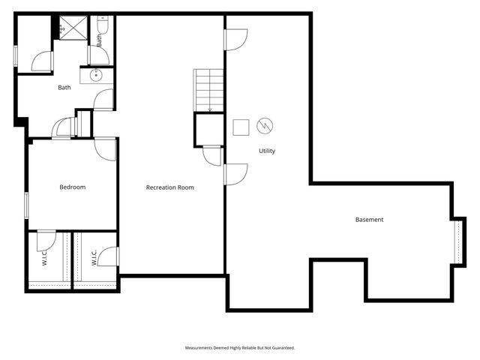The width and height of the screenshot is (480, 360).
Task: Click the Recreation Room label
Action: pos(169,187)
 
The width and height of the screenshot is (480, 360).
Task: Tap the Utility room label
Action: pos(267,151)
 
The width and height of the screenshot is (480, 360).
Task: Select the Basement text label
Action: pos(369,220)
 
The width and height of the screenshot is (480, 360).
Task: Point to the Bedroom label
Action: pos(73,187)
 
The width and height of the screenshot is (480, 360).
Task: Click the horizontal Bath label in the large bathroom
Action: pos(64,88)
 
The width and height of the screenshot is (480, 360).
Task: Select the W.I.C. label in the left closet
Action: pos(45,259)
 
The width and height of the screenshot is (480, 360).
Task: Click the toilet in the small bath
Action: pos(103,26)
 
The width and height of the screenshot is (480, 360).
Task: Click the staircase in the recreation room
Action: pos(209,90)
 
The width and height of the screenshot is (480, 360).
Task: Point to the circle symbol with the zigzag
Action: pos(265,125)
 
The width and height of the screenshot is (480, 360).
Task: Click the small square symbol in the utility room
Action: pos(241,126)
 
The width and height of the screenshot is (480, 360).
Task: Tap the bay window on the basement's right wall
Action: pos(458,241)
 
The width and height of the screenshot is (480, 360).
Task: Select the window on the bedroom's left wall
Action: pos(26,205)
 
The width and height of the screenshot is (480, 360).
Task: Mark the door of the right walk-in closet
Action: pos(110,256)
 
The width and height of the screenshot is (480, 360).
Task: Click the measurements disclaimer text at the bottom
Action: pos(240,348)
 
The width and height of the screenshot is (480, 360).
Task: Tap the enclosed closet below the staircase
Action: pos(209,130)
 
